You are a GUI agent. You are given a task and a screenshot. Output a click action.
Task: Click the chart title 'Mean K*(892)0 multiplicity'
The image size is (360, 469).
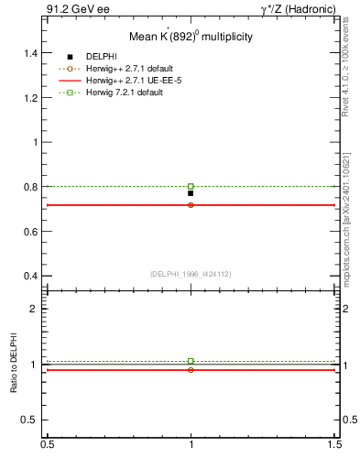click(191, 37)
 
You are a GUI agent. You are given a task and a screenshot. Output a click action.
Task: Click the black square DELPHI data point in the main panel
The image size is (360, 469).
click(191, 193)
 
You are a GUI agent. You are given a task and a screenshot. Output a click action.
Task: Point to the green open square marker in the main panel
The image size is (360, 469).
click(191, 186)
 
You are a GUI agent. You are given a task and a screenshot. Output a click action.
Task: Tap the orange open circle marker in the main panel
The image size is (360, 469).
click(191, 205)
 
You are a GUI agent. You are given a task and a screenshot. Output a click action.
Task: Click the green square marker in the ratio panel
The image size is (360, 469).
click(191, 361)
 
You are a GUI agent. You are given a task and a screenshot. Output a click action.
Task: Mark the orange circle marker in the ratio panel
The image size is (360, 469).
click(191, 370)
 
